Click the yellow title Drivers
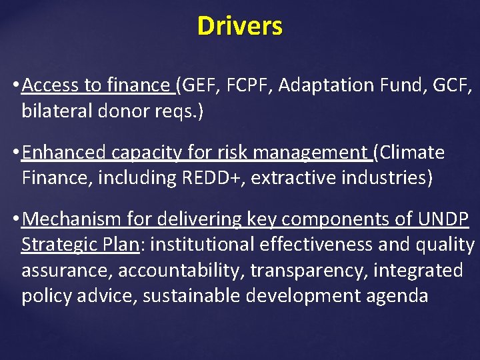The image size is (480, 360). tap(240, 27)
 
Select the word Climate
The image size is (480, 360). tap(413, 153)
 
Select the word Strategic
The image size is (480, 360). tap(57, 245)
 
